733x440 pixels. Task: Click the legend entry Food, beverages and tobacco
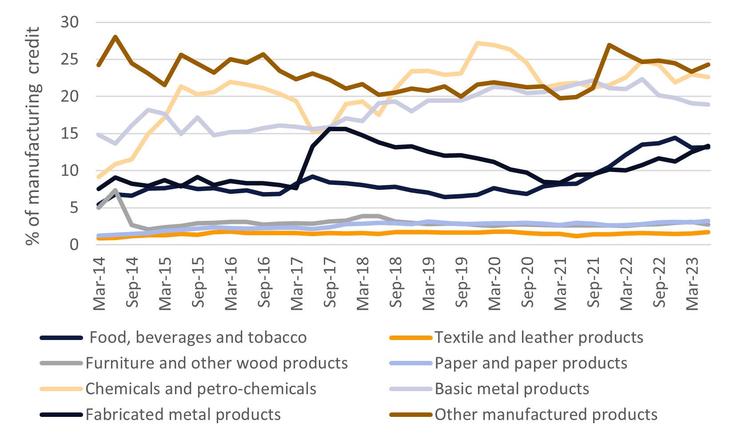click(198, 338)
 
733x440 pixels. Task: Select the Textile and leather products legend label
click(538, 338)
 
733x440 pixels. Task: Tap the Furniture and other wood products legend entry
click(216, 364)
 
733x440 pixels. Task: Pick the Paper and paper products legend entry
click(531, 364)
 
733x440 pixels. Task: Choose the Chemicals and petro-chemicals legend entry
click(201, 389)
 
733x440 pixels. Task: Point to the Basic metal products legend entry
click(512, 389)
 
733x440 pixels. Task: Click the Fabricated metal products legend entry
click(183, 415)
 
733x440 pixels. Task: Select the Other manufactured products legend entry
click(546, 415)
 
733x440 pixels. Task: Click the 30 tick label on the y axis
click(69, 22)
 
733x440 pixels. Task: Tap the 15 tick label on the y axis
click(69, 133)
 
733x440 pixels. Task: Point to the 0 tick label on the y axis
click(74, 244)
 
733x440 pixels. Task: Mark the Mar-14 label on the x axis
click(99, 283)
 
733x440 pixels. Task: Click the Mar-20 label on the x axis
click(494, 283)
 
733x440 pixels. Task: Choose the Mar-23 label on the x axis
click(692, 283)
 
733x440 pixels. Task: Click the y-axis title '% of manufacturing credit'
click(33, 136)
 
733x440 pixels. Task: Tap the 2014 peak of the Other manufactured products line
click(116, 37)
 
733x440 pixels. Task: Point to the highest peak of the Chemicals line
click(478, 43)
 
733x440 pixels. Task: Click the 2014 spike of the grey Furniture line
click(116, 191)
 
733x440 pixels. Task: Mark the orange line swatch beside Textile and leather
click(410, 338)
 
